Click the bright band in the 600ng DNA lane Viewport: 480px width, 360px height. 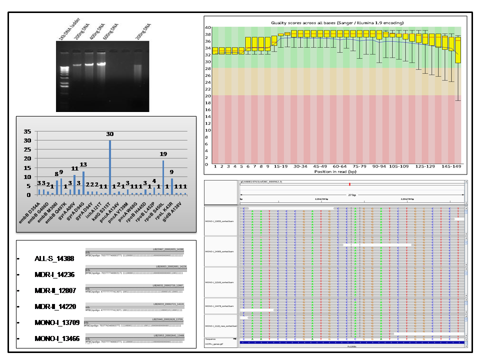[102, 64]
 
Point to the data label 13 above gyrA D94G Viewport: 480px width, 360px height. [83, 164]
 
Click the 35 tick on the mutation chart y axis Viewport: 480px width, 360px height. [28, 131]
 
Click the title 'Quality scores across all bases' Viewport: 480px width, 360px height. [337, 23]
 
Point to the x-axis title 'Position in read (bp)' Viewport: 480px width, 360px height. [337, 171]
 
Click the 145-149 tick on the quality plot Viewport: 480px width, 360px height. [451, 166]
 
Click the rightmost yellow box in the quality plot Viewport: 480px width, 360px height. [458, 49]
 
